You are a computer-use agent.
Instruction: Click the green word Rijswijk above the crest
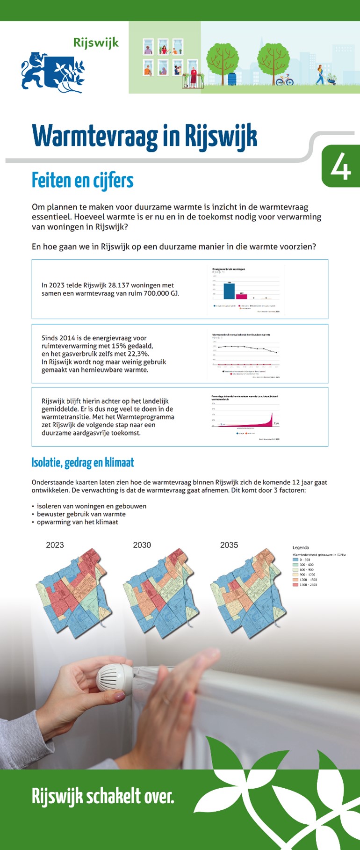(96, 43)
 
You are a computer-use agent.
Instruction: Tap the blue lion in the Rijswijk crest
(34, 70)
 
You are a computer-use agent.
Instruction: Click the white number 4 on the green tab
(340, 167)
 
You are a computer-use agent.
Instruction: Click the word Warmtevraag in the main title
(95, 137)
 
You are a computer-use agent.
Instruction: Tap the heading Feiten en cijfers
(82, 181)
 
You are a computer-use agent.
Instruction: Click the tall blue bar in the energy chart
(229, 291)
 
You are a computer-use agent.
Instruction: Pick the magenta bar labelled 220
(241, 296)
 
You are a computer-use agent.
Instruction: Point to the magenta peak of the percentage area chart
(272, 416)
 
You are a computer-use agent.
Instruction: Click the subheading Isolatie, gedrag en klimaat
(82, 463)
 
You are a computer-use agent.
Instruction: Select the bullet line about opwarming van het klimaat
(77, 522)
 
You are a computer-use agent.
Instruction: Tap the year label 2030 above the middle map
(142, 545)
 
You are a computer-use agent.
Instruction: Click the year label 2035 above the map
(229, 545)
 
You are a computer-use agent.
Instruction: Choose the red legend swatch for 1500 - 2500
(295, 585)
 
